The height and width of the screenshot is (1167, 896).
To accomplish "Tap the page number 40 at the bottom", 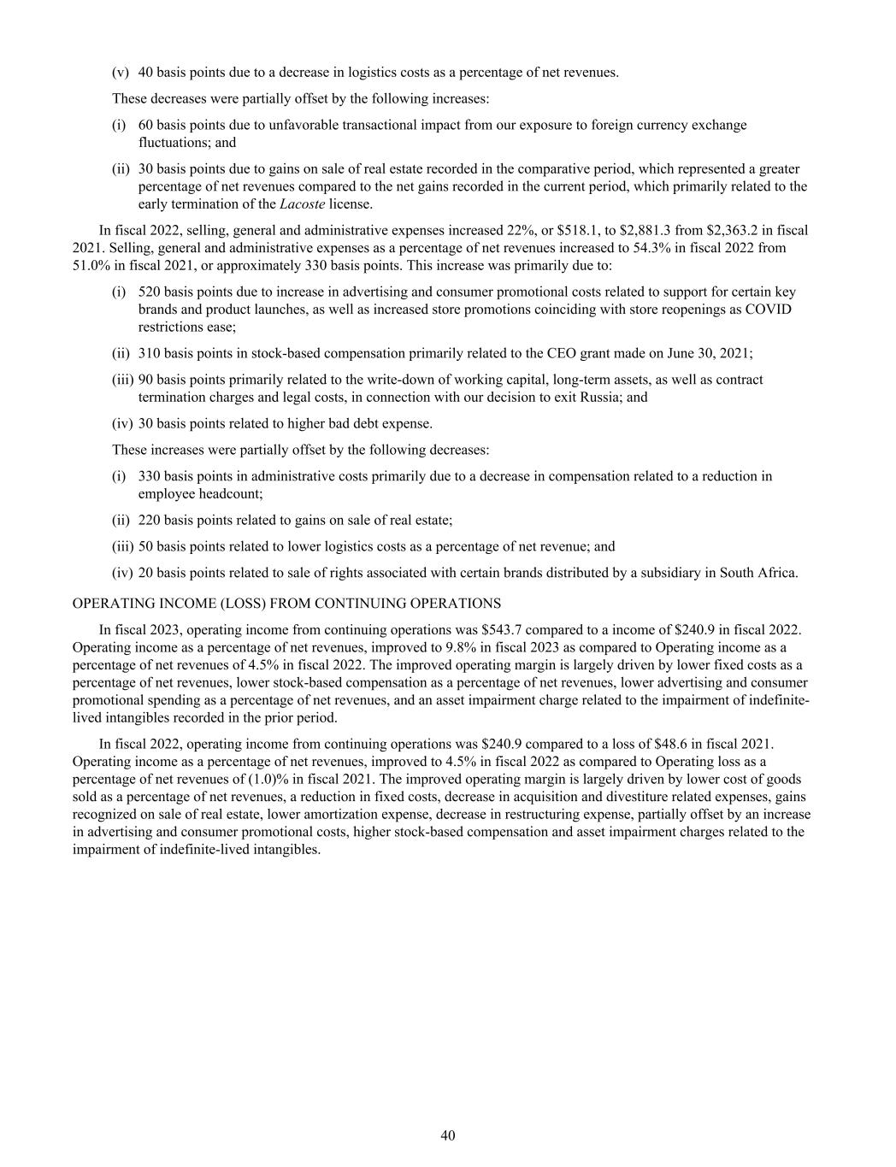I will click(x=448, y=1135).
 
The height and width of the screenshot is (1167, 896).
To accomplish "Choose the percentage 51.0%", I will click(x=90, y=265).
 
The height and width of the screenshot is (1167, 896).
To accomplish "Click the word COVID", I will click(x=768, y=309).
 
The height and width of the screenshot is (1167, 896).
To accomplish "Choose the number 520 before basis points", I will click(x=150, y=292).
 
